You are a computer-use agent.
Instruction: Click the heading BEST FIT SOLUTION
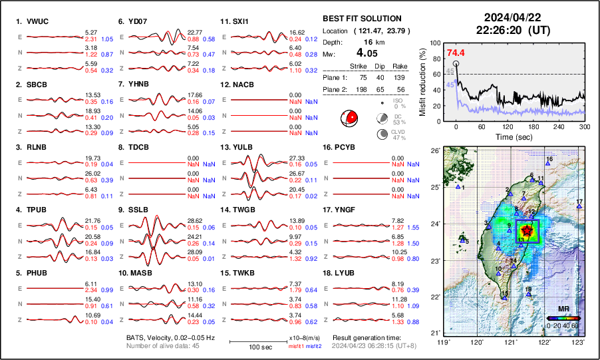(362, 19)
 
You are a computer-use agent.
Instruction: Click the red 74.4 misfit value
(456, 53)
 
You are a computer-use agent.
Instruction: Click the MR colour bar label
(563, 310)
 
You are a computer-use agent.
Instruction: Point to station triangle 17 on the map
(579, 207)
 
